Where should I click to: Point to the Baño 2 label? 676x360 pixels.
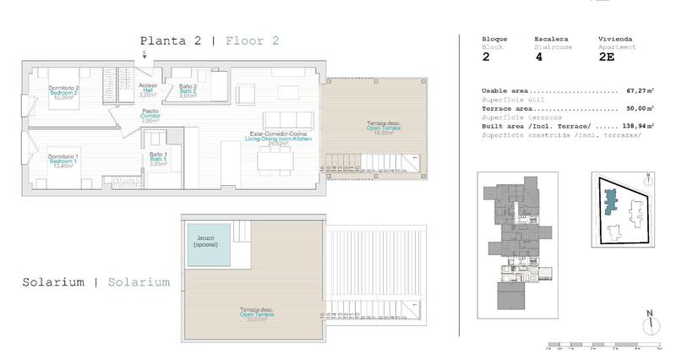[x=188, y=90]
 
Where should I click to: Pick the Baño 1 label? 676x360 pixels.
[x=158, y=158]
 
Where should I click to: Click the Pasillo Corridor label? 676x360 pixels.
[x=150, y=116]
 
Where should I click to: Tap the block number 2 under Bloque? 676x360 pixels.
[x=486, y=59]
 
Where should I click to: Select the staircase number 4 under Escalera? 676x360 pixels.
[x=539, y=59]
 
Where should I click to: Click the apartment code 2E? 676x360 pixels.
[x=607, y=59]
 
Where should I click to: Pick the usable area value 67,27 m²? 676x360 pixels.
[x=641, y=91]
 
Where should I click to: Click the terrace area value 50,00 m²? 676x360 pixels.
[x=641, y=109]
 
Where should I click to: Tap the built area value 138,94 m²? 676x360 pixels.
[x=640, y=126]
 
